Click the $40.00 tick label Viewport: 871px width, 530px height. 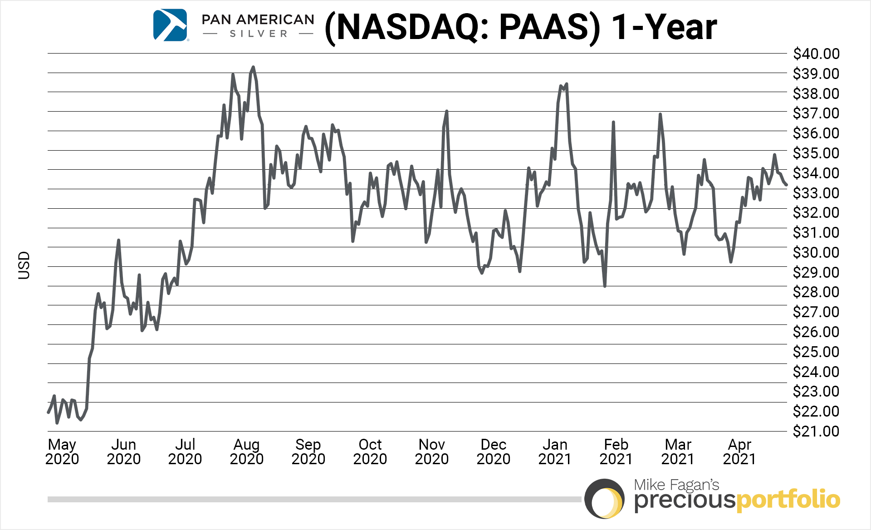(x=816, y=54)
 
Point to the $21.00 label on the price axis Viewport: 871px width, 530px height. (x=816, y=431)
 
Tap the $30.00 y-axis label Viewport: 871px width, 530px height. (x=816, y=252)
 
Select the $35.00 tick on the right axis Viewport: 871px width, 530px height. (x=816, y=153)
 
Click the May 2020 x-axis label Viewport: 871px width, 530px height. (x=62, y=451)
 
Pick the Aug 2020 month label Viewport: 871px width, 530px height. (x=246, y=451)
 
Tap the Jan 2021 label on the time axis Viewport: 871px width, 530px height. (x=555, y=451)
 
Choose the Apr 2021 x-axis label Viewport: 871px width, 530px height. (x=739, y=451)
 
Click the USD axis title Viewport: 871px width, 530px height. (x=24, y=265)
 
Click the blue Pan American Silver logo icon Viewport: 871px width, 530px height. (x=170, y=25)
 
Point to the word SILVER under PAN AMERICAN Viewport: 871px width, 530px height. (x=259, y=34)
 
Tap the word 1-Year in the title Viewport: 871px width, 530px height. (x=664, y=27)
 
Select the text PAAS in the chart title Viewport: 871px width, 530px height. (x=549, y=27)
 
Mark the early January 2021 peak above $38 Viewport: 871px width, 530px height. (x=566, y=84)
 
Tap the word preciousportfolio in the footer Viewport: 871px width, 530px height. (x=737, y=501)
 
